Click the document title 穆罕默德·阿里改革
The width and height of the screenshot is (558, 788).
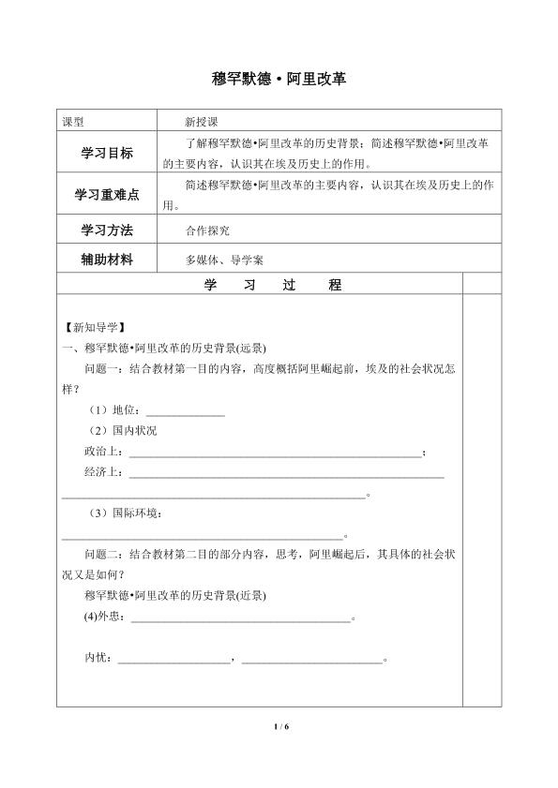[279, 81]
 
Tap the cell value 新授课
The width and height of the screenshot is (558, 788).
[202, 122]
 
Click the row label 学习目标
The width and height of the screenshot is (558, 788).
[109, 153]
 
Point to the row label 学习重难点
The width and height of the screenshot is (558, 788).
[109, 195]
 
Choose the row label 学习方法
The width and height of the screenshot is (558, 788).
[109, 230]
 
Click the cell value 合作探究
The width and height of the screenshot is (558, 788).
[207, 230]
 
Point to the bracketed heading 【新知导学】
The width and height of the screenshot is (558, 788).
[90, 328]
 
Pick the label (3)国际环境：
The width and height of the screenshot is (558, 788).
[127, 513]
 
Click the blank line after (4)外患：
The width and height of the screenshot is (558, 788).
[239, 618]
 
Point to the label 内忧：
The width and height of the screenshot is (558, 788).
[98, 659]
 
